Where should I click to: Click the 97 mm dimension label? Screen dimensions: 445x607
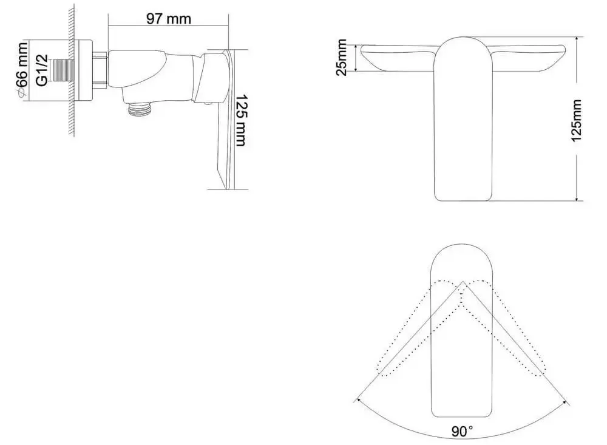pos(168,19)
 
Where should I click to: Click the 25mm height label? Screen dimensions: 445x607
pos(342,57)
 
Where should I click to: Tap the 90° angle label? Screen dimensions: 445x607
pos(462,432)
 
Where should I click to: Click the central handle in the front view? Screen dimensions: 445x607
pos(463,121)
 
